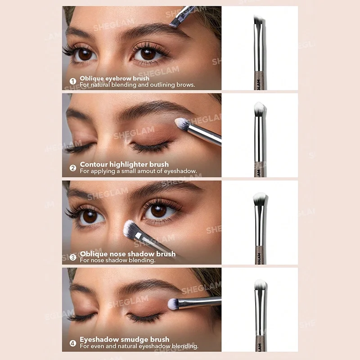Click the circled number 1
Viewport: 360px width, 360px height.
click(x=73, y=81)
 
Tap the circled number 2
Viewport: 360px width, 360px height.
click(x=73, y=168)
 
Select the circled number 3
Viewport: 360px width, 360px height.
click(x=73, y=257)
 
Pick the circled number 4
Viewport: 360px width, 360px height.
click(x=73, y=343)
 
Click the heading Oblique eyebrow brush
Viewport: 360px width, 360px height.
click(x=115, y=78)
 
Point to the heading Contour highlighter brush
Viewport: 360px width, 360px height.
click(x=124, y=164)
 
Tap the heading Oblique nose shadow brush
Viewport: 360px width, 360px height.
click(x=128, y=254)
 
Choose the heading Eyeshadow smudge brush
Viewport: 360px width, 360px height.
click(x=125, y=339)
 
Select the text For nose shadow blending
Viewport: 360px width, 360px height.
click(x=117, y=260)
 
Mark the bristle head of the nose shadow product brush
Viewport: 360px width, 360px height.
click(x=260, y=199)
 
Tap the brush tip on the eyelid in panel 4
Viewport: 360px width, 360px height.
click(x=173, y=304)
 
